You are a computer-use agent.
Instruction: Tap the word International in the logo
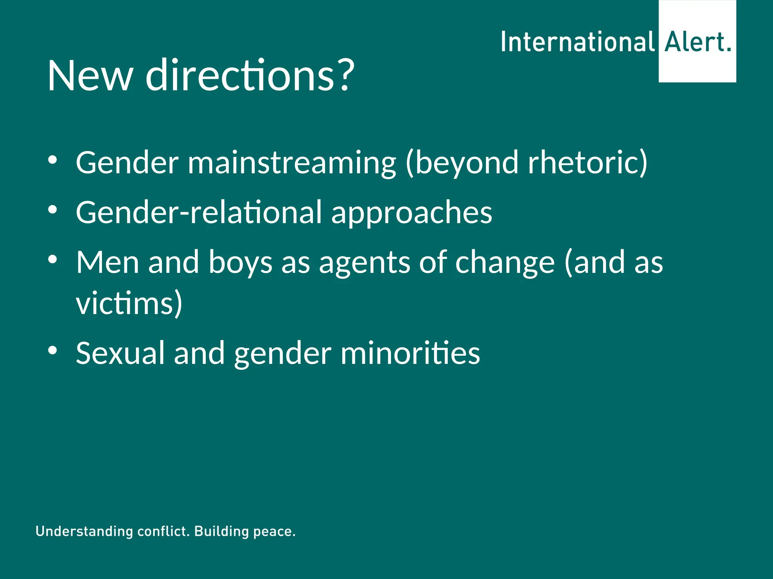click(x=577, y=42)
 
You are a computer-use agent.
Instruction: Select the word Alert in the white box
click(x=694, y=42)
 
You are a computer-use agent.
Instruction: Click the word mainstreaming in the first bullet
click(x=292, y=163)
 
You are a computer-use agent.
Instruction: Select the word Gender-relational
click(x=199, y=212)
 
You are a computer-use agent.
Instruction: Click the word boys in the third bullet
click(x=240, y=263)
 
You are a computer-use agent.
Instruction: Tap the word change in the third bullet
click(x=505, y=263)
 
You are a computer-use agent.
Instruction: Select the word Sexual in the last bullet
click(x=120, y=353)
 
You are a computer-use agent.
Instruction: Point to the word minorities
click(x=410, y=353)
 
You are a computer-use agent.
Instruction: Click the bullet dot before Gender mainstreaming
click(x=52, y=160)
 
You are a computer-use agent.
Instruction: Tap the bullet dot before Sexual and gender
click(x=52, y=351)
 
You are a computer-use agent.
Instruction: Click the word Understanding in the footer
click(x=84, y=532)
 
